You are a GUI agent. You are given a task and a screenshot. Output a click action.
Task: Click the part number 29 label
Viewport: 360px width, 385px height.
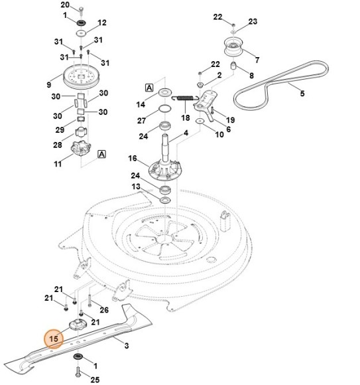pyautogui.click(x=59, y=129)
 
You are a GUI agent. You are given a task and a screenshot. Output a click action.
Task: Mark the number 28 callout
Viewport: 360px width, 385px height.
pyautogui.click(x=58, y=144)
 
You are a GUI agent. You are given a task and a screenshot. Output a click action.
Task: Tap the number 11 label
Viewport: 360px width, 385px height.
pyautogui.click(x=58, y=163)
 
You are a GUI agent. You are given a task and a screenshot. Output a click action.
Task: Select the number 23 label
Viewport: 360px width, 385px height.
pyautogui.click(x=253, y=22)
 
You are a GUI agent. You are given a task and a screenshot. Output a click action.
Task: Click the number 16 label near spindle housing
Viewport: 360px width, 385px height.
pyautogui.click(x=133, y=159)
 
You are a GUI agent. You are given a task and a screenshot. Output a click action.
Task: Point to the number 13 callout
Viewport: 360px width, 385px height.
pyautogui.click(x=136, y=187)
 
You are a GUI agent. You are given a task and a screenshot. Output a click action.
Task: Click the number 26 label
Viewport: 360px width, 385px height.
pyautogui.click(x=103, y=309)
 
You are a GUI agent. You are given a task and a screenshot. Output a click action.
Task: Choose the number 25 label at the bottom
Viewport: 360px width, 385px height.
pyautogui.click(x=94, y=379)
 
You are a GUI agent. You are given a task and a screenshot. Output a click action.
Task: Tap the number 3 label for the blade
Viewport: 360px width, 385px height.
pyautogui.click(x=127, y=345)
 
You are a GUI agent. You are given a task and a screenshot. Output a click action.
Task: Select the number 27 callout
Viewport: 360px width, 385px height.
pyautogui.click(x=141, y=120)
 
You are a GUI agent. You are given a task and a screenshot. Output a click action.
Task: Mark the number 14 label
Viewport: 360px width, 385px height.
pyautogui.click(x=141, y=104)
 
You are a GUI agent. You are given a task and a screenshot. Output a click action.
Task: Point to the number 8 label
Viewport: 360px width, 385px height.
pyautogui.click(x=251, y=75)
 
